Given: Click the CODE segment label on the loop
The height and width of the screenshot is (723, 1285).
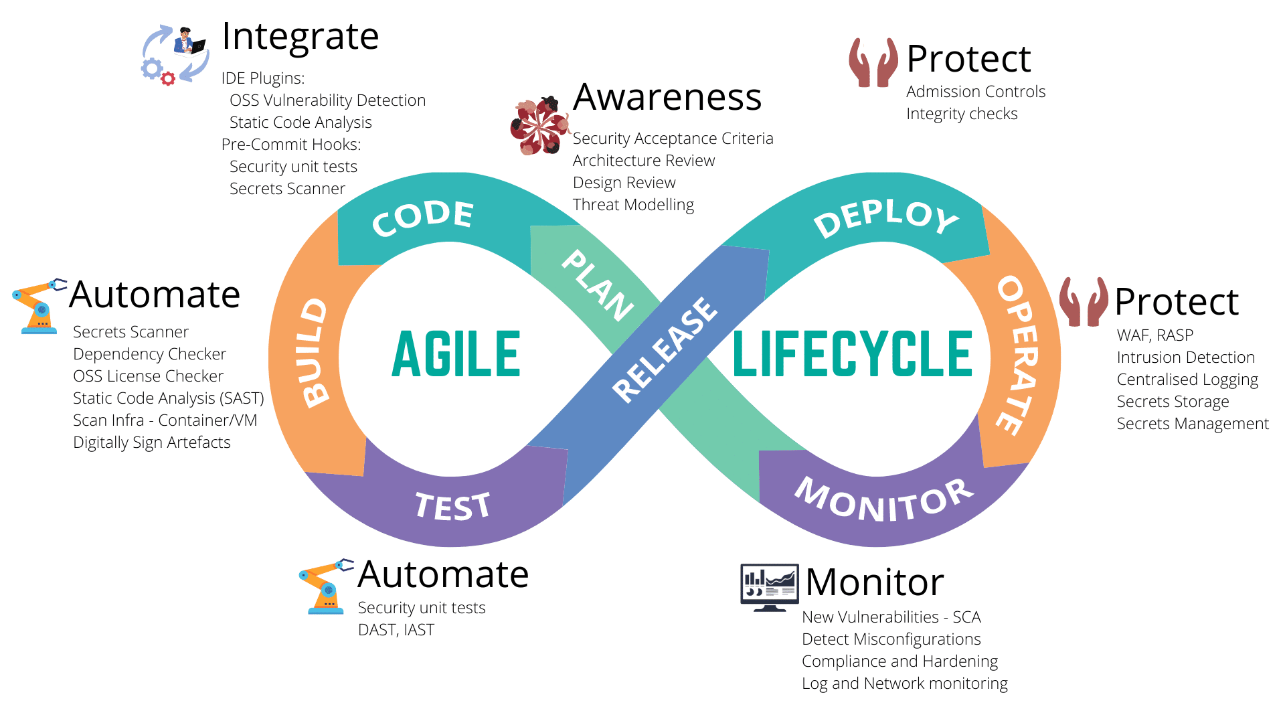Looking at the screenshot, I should coord(423,218).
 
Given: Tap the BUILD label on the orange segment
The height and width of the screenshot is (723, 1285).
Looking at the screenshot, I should coord(314,353).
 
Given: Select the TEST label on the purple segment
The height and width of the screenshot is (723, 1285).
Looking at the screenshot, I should coord(453,506).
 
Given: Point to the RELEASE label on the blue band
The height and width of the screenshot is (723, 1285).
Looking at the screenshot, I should coord(665,349).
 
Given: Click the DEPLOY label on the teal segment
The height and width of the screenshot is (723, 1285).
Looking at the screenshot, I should coord(886,218).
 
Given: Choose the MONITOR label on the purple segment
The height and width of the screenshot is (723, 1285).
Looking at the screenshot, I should coord(884,499).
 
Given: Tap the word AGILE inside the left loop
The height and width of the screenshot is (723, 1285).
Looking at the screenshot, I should coord(456,354).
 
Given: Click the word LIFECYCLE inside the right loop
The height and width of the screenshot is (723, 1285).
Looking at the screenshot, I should coord(853,354).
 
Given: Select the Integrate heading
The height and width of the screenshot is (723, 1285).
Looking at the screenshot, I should coord(300,36).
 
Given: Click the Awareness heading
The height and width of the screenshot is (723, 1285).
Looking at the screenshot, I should coord(667,97).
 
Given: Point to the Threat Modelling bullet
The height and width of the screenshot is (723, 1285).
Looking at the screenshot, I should coord(633,205).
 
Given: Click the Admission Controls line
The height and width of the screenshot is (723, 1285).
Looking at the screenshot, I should coord(975,92).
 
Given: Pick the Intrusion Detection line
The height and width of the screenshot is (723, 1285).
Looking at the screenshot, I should coord(1185,357).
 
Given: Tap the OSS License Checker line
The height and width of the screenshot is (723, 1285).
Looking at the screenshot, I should coord(148,376).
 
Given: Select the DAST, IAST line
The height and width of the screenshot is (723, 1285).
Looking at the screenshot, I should coord(396,630).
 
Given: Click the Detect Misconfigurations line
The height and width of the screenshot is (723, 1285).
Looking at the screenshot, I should coord(891,639).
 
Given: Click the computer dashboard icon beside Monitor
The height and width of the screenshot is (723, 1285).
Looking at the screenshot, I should coord(769,587).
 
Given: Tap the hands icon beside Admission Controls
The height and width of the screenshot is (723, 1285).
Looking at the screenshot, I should coord(873,63).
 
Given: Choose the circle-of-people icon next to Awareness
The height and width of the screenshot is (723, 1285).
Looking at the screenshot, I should coord(539,125).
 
